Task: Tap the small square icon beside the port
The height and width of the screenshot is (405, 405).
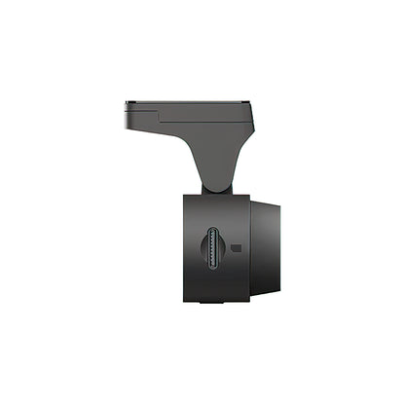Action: click(237, 249)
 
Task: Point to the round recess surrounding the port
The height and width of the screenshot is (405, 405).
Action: click(215, 251)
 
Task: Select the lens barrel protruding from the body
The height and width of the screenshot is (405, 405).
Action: click(265, 248)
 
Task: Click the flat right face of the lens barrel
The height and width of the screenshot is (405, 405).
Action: click(279, 248)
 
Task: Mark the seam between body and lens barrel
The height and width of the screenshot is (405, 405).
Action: click(250, 248)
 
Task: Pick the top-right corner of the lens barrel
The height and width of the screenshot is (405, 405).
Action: click(277, 205)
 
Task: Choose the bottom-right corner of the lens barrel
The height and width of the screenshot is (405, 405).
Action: click(277, 291)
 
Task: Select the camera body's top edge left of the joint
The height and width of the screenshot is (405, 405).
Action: click(195, 192)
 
